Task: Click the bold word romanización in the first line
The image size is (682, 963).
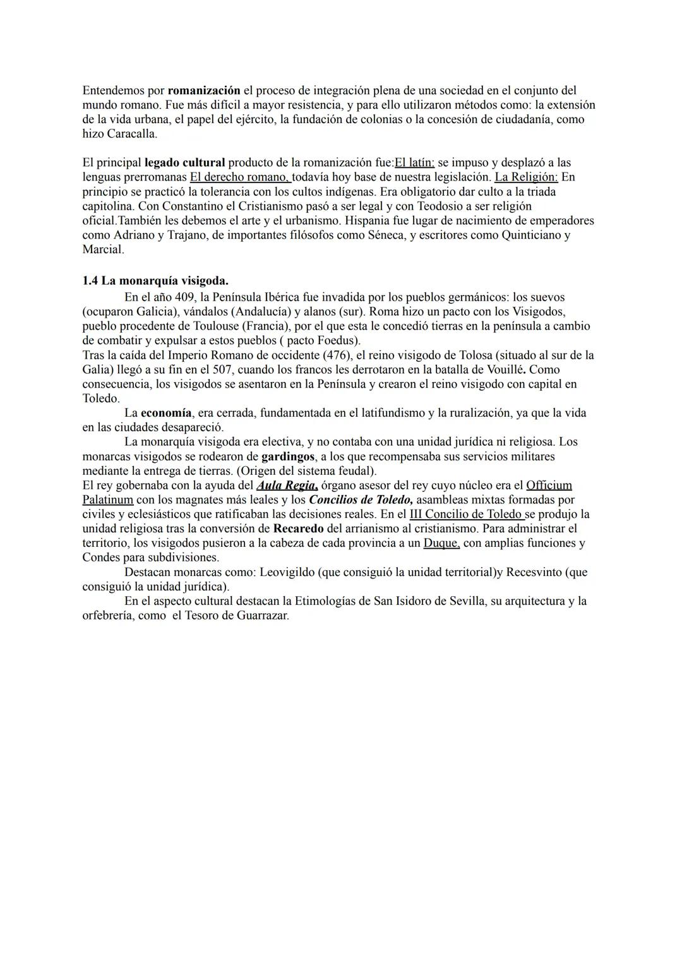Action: (x=204, y=90)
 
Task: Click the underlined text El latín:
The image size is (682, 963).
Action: (x=414, y=163)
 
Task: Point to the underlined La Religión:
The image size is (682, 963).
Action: (x=526, y=177)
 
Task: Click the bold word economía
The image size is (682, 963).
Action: (x=166, y=413)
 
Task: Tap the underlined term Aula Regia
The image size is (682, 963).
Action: (x=287, y=486)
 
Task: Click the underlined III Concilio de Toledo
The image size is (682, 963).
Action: (x=467, y=514)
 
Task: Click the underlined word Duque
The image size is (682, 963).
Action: (x=441, y=543)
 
